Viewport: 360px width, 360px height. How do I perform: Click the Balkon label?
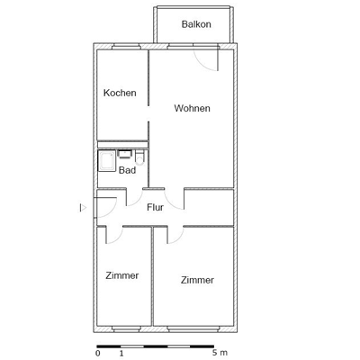[196, 24]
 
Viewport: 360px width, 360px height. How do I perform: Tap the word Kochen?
[120, 93]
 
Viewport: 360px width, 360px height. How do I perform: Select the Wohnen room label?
[192, 108]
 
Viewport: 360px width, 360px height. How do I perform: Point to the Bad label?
[127, 169]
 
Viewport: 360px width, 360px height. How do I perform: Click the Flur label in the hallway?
[155, 207]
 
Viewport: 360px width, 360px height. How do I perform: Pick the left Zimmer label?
[121, 275]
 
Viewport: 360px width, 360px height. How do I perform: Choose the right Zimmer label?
[197, 280]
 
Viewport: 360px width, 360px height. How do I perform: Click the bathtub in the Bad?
[106, 160]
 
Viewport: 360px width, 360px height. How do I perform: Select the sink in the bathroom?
[124, 155]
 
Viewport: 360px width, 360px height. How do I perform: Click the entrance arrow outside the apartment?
[83, 208]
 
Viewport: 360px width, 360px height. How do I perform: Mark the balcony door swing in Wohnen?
[207, 59]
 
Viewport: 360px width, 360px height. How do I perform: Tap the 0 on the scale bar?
[97, 354]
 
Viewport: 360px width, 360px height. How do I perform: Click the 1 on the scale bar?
[121, 354]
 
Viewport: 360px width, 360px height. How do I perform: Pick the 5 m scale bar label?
[220, 354]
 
